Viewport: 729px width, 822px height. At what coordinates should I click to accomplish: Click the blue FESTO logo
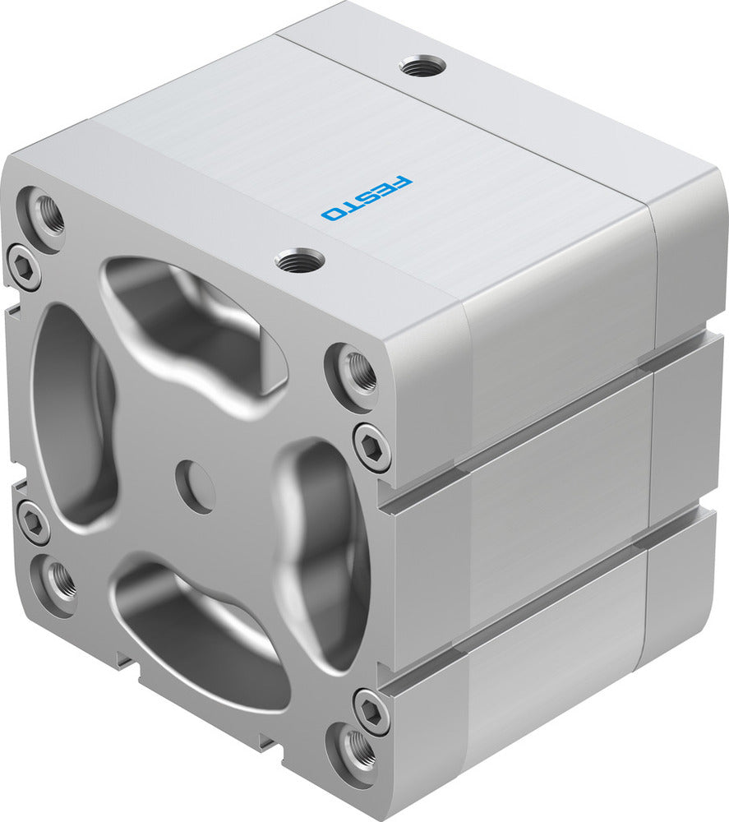coord(367,198)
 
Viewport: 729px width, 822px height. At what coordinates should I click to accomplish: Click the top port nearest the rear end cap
coord(423,67)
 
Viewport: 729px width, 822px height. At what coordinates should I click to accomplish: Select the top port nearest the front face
coord(299,261)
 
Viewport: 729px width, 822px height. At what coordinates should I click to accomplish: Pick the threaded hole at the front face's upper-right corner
coord(357,371)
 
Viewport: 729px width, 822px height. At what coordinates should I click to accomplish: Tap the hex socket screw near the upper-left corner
coord(24,266)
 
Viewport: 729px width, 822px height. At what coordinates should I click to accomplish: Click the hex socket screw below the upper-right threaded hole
coord(372,447)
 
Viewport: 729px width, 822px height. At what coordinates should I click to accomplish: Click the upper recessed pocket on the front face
coord(193,325)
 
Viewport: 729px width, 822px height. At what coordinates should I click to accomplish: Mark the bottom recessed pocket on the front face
coord(201,633)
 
